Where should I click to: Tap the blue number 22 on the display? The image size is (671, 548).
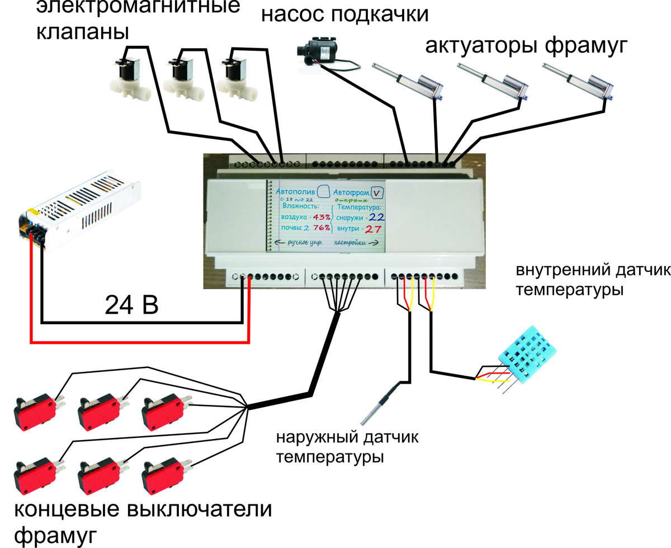(375, 217)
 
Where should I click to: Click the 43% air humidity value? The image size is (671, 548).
(322, 217)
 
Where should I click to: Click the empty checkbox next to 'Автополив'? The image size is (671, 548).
(323, 192)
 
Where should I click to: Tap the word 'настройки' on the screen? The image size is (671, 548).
(351, 243)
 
